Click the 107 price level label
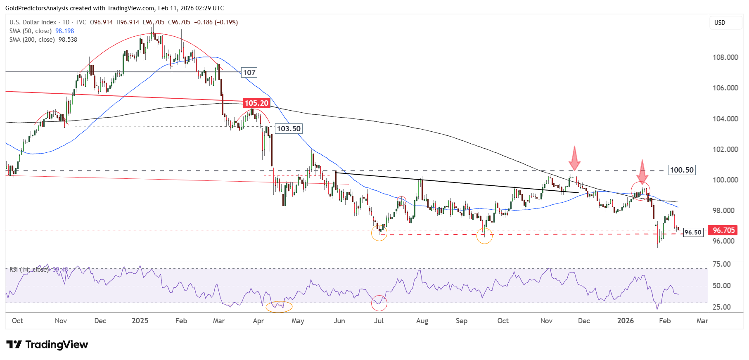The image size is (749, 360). click(x=249, y=73)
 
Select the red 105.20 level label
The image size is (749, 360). click(x=256, y=103)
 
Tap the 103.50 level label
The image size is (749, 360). click(x=289, y=129)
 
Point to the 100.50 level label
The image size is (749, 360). click(x=682, y=170)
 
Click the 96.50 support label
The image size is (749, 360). click(x=693, y=232)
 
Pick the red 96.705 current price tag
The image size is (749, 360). click(x=723, y=230)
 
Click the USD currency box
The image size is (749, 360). click(x=720, y=23)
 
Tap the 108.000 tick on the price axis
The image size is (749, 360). click(x=725, y=57)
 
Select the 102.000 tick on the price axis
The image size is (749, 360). click(x=725, y=149)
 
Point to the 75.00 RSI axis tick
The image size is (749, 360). click(x=722, y=264)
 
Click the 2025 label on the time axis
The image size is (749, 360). click(x=140, y=321)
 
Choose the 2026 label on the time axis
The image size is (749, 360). click(x=625, y=321)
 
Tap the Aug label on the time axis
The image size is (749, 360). click(x=422, y=321)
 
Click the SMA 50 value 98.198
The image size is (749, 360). click(x=65, y=31)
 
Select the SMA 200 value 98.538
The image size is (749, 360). click(x=68, y=40)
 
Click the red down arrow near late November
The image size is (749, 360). click(x=574, y=158)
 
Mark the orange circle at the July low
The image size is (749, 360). click(x=379, y=233)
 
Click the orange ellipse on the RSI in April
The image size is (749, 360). click(x=279, y=306)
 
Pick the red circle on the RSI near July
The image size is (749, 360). click(x=379, y=303)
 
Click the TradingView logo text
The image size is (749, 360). click(x=57, y=345)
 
